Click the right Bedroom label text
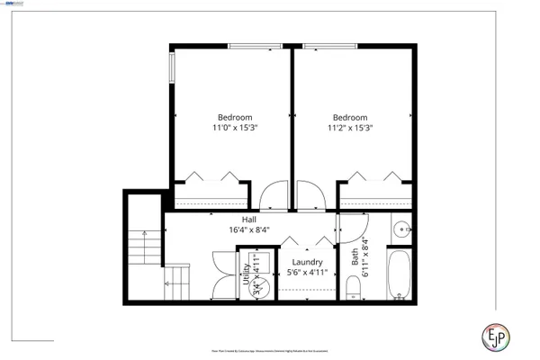pyautogui.click(x=350, y=117)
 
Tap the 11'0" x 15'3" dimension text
pyautogui.click(x=234, y=128)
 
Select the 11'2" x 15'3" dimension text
pyautogui.click(x=350, y=128)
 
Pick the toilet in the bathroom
pyautogui.click(x=354, y=287)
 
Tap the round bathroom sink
pyautogui.click(x=402, y=229)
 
